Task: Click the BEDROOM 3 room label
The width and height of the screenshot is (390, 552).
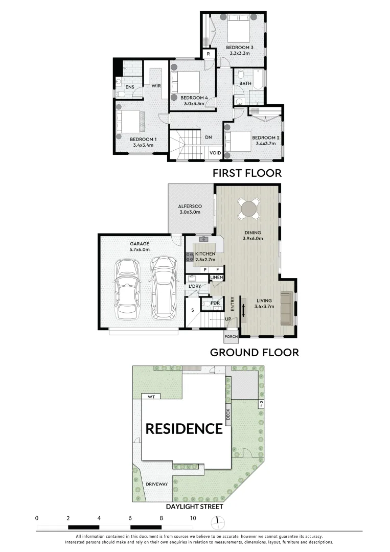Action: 240,48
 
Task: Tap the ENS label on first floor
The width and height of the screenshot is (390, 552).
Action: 130,87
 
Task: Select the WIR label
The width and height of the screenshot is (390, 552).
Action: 156,86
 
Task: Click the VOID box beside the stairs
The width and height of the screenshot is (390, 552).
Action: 215,153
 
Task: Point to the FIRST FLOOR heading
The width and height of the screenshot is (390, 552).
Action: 247,173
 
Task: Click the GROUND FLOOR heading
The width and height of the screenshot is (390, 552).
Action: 255,352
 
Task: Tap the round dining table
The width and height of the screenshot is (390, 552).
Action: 248,209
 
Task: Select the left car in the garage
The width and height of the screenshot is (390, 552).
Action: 127,289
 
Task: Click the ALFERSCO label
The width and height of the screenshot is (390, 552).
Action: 190,206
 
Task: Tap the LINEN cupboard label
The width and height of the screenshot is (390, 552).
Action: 217,278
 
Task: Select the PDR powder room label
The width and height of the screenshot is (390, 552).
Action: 215,303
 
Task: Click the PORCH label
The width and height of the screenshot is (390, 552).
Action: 231,337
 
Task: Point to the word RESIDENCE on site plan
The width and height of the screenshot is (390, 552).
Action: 184,428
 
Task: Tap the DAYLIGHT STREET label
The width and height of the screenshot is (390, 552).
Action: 195,507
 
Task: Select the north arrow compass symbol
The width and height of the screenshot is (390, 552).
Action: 218,521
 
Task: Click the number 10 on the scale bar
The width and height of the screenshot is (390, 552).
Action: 193,518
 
